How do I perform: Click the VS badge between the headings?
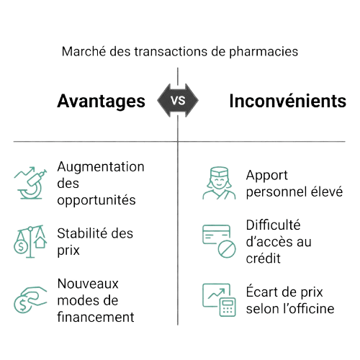tap(178, 100)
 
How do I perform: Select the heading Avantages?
tap(101, 102)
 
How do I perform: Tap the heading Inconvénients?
tap(288, 101)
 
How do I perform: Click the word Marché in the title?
tap(84, 51)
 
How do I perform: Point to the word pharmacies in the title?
tap(264, 52)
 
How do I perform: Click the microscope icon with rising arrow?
tap(30, 183)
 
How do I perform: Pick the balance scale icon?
tap(30, 241)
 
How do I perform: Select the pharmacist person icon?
tap(219, 183)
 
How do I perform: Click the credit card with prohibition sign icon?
tap(219, 241)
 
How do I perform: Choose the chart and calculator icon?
tap(219, 300)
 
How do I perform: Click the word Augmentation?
tap(101, 166)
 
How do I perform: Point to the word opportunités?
tap(96, 200)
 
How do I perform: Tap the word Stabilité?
tap(83, 233)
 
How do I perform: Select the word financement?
tap(96, 317)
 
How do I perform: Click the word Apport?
tap(267, 176)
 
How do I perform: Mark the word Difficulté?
tap(273, 225)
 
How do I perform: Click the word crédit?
tap(264, 258)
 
